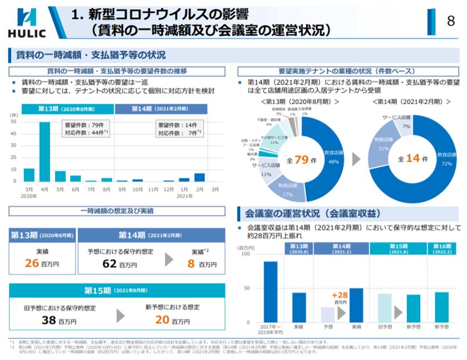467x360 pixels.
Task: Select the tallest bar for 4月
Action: (x=45, y=152)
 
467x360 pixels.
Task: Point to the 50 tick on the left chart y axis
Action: (x=13, y=122)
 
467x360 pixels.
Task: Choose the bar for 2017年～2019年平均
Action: (x=270, y=291)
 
